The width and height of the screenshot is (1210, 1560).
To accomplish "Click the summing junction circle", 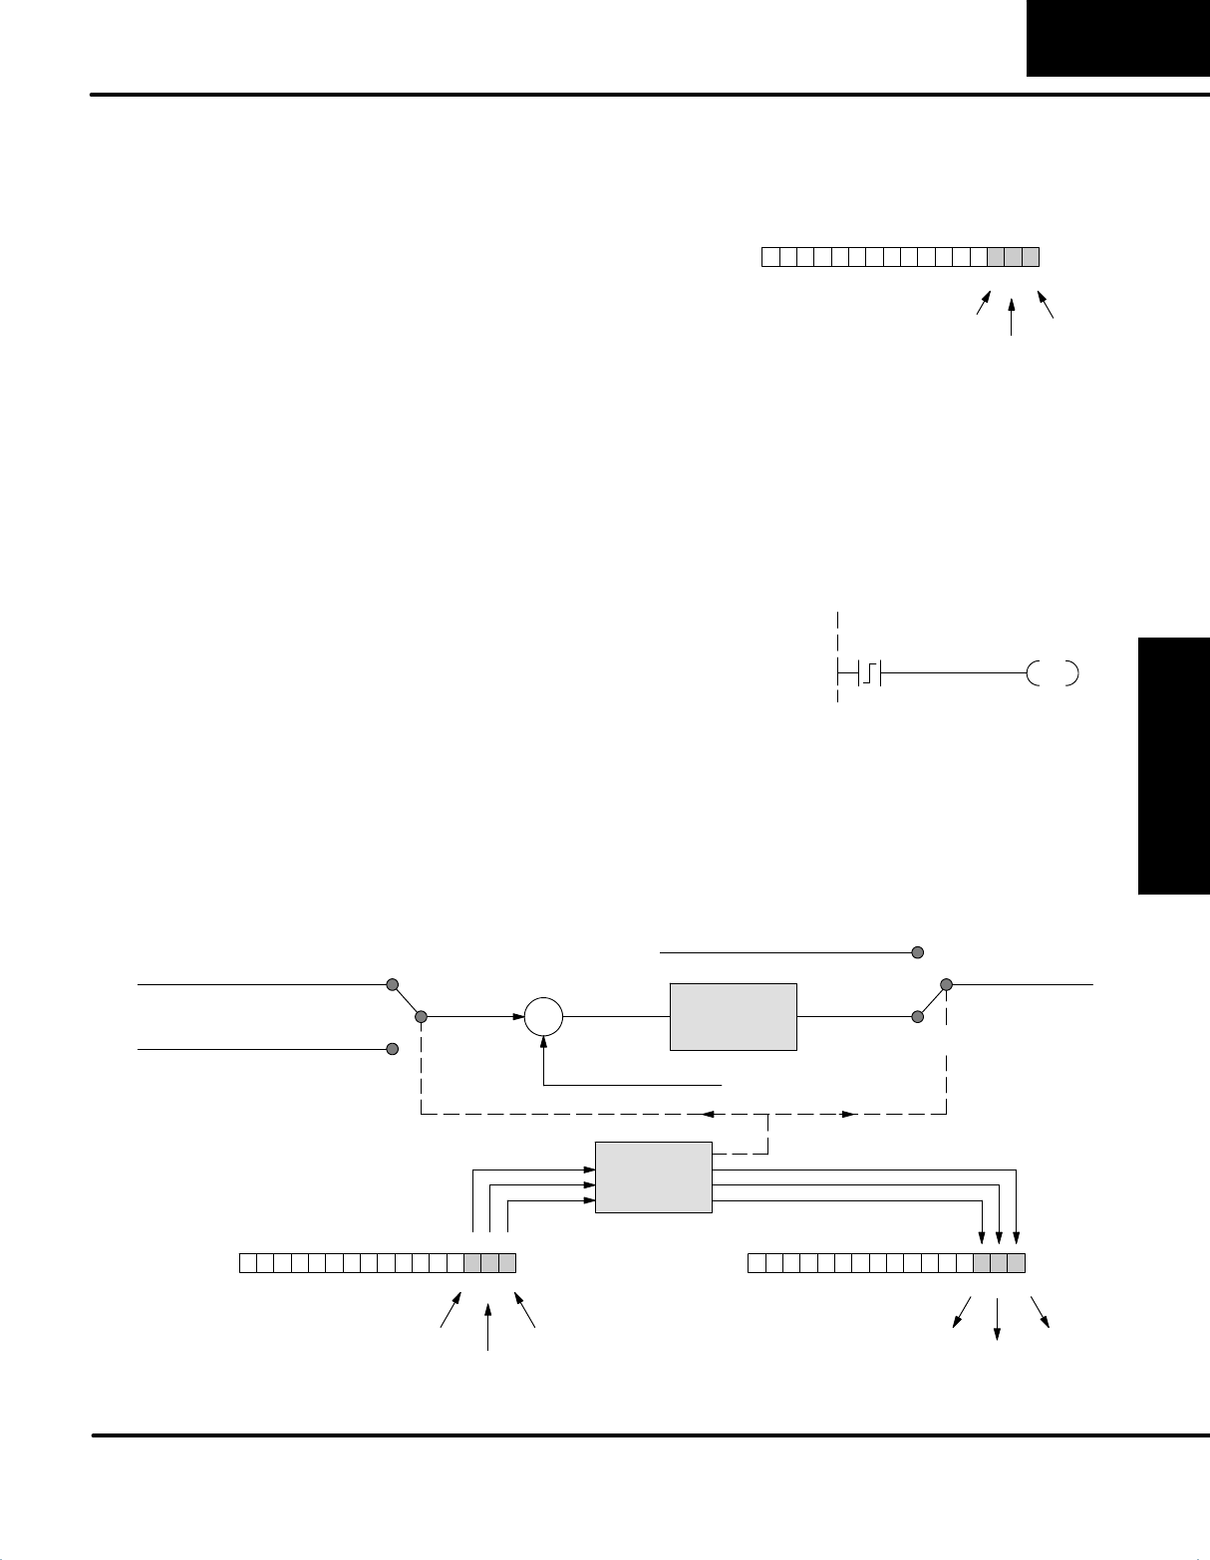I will [x=544, y=1017].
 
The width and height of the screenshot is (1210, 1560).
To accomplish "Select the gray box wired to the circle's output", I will [x=733, y=1016].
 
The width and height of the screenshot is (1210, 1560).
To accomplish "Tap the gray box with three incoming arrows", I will [x=653, y=1176].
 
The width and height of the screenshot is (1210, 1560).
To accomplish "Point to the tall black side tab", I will [x=1173, y=768].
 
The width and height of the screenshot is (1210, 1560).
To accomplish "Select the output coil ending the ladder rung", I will [x=1052, y=674].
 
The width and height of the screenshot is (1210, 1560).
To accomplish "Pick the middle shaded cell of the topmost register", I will [x=1013, y=257].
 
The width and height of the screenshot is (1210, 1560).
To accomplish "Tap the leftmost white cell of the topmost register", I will [x=770, y=257].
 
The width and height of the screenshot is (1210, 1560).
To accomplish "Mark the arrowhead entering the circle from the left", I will [x=519, y=1017].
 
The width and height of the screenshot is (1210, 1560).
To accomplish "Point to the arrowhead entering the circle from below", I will [x=544, y=1043].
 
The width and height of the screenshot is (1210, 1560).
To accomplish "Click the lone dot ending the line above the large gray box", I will [x=917, y=952].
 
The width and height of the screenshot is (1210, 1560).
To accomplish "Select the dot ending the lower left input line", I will [x=393, y=1049].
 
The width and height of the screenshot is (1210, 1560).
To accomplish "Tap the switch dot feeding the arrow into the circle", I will [x=421, y=1017].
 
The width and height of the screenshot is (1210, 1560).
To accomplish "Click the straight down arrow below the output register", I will [x=998, y=1335].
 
